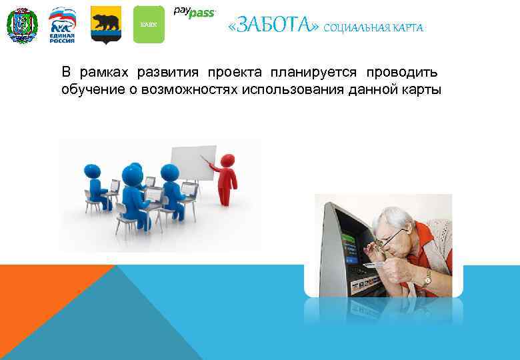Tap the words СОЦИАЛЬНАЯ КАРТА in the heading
(373, 27)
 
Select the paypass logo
(194, 12)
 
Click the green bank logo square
(148, 25)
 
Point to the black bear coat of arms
(105, 25)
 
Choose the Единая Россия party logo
(62, 25)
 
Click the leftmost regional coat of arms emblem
(22, 25)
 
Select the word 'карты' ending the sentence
(423, 89)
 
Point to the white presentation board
(194, 163)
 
